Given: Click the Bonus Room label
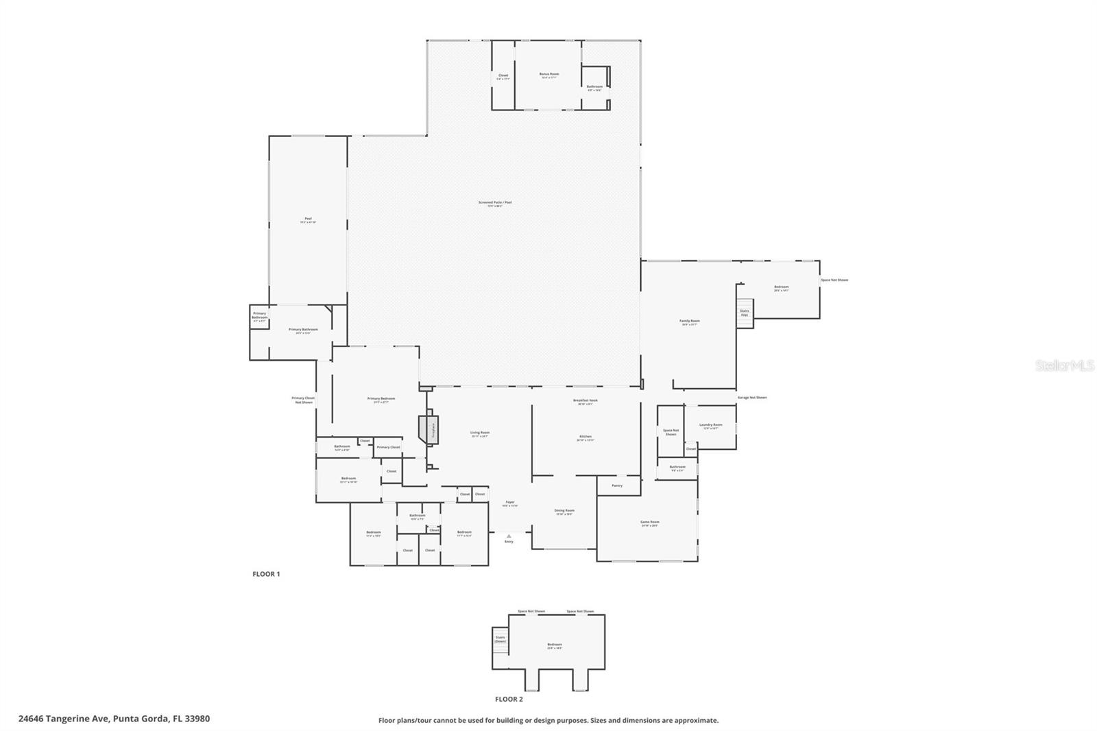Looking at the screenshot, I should coord(549,74).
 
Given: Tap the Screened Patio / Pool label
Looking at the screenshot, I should coord(495,202).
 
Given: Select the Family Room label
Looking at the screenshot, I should coord(690,321).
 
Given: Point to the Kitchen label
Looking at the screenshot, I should coord(586,437).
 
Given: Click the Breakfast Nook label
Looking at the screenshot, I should coord(586,400).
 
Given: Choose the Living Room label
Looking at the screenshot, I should coord(480,433).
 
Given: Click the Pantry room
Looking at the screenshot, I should coord(617,486).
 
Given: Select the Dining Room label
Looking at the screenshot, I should coord(564,510).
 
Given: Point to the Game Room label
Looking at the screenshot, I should coord(649,522).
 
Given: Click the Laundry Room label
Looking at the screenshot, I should coord(710,425).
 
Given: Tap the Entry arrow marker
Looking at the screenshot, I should coord(509,536).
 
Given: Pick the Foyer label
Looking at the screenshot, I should coord(510,502).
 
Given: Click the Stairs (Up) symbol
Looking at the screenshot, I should coord(745,313).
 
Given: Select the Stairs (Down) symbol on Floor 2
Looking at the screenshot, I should coord(501,639).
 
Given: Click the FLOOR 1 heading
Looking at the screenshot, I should coord(266,574).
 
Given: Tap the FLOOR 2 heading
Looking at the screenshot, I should coord(509,699).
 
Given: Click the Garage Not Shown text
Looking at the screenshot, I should coord(752,398).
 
